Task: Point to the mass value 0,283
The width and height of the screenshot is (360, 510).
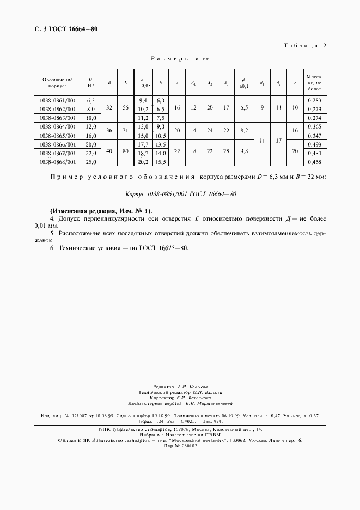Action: tap(314, 101)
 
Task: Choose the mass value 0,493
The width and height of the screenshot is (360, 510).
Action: tap(314, 144)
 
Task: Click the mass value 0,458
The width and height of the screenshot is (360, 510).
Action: tap(314, 162)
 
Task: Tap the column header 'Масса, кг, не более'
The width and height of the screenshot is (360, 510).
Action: tap(314, 83)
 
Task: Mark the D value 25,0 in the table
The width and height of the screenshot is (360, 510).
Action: tap(91, 162)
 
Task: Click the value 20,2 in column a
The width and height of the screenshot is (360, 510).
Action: tap(144, 162)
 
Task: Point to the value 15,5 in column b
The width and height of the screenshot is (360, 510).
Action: tap(161, 162)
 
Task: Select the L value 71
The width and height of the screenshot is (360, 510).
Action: tap(126, 131)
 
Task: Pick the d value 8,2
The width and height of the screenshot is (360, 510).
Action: tap(243, 131)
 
